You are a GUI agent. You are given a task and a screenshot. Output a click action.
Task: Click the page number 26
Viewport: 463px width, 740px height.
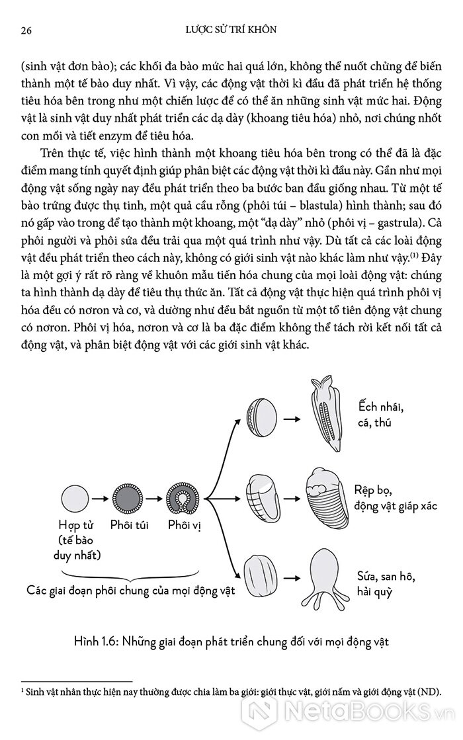pyautogui.click(x=27, y=30)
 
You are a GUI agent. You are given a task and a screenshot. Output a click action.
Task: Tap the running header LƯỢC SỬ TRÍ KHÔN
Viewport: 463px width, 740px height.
pyautogui.click(x=230, y=30)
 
